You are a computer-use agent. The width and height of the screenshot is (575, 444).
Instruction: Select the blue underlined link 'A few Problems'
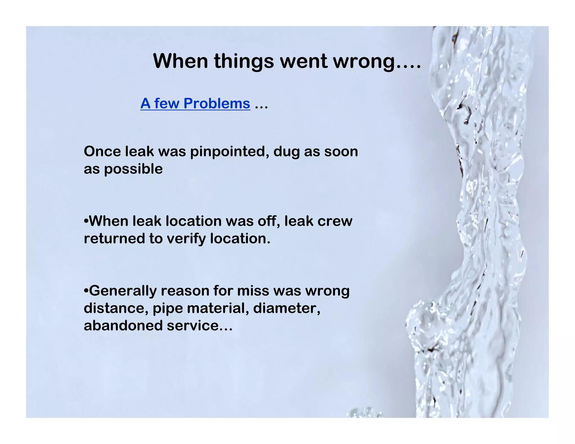click(195, 103)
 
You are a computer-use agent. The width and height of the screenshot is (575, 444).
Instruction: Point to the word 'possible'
click(133, 169)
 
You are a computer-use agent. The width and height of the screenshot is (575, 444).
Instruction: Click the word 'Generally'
click(123, 291)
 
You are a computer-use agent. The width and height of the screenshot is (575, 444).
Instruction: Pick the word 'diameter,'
click(287, 308)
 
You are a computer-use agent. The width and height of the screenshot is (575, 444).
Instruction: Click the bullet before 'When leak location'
click(86, 221)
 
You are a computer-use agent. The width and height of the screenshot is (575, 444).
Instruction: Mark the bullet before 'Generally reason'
click(86, 290)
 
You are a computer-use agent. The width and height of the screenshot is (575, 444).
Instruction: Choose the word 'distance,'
click(116, 308)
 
